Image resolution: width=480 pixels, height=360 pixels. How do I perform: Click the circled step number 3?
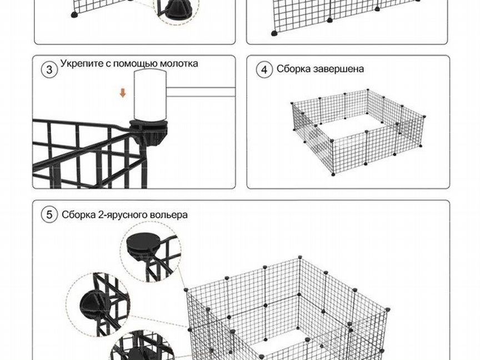pyautogui.click(x=49, y=69)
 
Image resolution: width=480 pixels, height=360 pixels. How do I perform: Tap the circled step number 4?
pyautogui.click(x=264, y=69)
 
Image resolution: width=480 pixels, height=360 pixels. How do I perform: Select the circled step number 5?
pyautogui.click(x=49, y=214)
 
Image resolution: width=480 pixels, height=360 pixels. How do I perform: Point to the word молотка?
pyautogui.click(x=179, y=64)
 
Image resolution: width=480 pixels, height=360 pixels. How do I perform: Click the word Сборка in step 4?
pyautogui.click(x=294, y=68)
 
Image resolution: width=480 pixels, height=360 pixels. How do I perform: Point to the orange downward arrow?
pyautogui.click(x=123, y=93)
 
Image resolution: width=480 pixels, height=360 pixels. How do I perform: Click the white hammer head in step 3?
pyautogui.click(x=151, y=96)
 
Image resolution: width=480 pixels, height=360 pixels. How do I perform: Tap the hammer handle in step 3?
pyautogui.click(x=201, y=92)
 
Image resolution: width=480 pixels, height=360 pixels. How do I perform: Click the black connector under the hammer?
pyautogui.click(x=149, y=133)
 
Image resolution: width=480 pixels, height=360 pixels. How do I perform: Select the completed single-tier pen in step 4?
pyautogui.click(x=358, y=132)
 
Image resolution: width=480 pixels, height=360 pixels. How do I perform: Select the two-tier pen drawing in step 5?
pyautogui.click(x=288, y=308)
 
